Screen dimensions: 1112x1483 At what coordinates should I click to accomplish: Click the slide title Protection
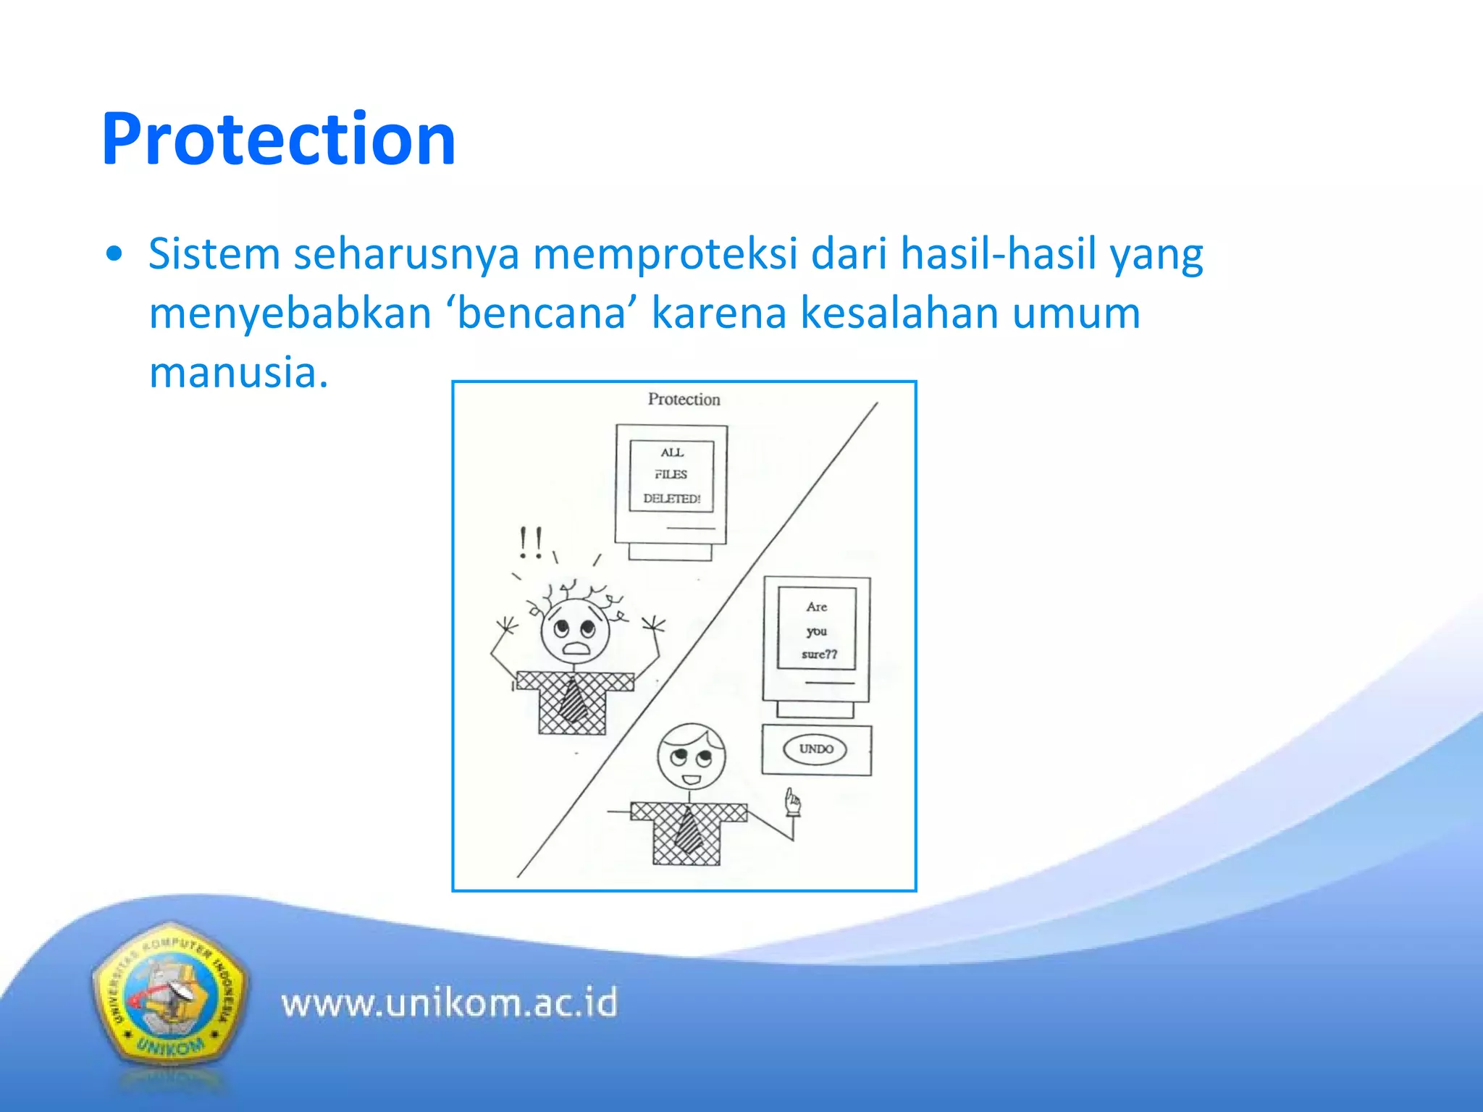[279, 139]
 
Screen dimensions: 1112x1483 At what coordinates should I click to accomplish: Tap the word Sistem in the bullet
[214, 254]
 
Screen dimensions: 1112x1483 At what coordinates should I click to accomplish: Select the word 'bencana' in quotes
[542, 313]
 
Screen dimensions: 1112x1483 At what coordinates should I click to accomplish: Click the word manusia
[239, 372]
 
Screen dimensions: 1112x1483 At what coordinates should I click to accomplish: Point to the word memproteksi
[665, 254]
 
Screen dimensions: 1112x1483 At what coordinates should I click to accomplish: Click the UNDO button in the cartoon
[815, 749]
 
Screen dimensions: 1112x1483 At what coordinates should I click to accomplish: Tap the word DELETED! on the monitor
[671, 499]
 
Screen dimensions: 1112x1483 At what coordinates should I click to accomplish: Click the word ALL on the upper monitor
[671, 452]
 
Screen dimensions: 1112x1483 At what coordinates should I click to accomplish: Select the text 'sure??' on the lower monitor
[819, 654]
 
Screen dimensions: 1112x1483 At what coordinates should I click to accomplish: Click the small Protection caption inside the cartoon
[684, 400]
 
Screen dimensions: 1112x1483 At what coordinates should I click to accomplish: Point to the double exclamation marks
[530, 542]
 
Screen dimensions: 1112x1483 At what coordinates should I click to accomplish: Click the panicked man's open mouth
[577, 648]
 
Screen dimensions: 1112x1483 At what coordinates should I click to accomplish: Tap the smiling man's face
[691, 759]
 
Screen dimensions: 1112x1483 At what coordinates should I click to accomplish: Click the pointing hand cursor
[792, 802]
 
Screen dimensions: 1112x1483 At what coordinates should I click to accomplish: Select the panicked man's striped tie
[574, 699]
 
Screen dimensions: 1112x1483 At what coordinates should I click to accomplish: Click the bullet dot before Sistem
[114, 255]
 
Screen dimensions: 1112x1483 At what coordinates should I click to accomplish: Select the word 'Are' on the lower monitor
[816, 607]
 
